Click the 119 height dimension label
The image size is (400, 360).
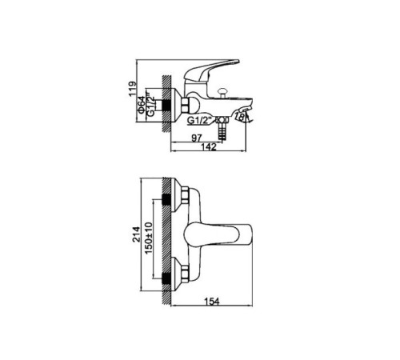pyautogui.click(x=132, y=90)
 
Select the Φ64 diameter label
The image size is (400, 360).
pyautogui.click(x=142, y=105)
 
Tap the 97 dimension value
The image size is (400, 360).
pyautogui.click(x=197, y=138)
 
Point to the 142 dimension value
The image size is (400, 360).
pyautogui.click(x=209, y=147)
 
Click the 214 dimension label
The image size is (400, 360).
pyautogui.click(x=136, y=234)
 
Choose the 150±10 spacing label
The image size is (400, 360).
pyautogui.click(x=149, y=238)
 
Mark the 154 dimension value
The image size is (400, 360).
pyautogui.click(x=212, y=302)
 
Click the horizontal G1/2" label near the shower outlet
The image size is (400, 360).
pyautogui.click(x=199, y=120)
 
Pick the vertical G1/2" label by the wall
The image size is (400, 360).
pyautogui.click(x=151, y=105)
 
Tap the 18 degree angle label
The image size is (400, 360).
pyautogui.click(x=240, y=117)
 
